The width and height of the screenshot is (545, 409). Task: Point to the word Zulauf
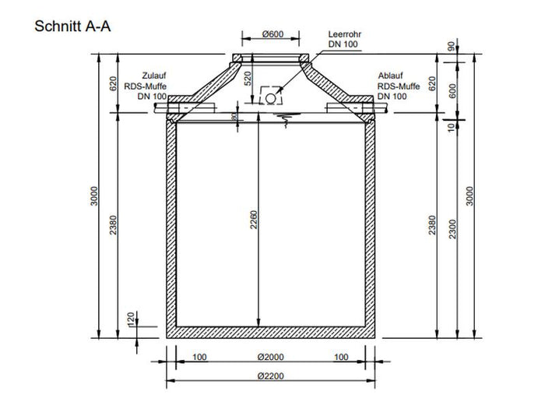(152, 76)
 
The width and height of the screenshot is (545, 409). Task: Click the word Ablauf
(391, 76)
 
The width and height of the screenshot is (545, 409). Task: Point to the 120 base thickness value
(132, 319)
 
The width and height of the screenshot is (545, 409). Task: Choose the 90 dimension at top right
(451, 46)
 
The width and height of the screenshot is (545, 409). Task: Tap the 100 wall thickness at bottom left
(200, 358)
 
